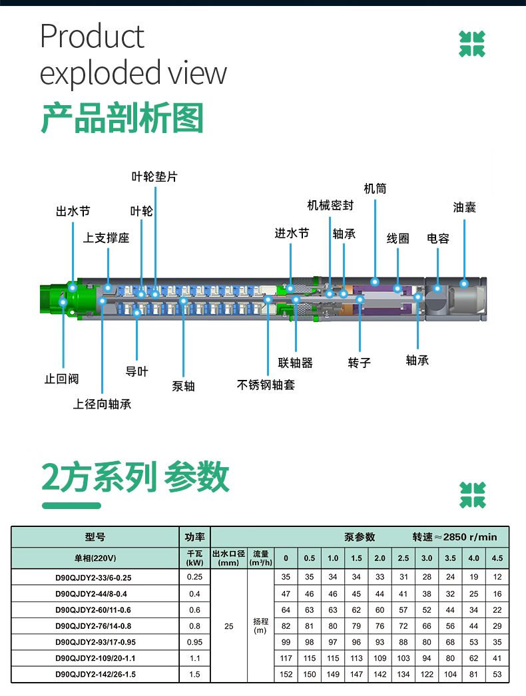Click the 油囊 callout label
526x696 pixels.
pyautogui.click(x=465, y=208)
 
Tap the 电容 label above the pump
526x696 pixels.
pyautogui.click(x=438, y=238)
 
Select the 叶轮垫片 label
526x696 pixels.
pyautogui.click(x=154, y=177)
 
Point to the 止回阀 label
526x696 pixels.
pyautogui.click(x=61, y=379)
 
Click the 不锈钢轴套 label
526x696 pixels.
pyautogui.click(x=266, y=385)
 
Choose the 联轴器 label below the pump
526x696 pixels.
pyautogui.click(x=295, y=363)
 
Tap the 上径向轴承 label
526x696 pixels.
pyautogui.click(x=102, y=404)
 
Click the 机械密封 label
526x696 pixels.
pyautogui.click(x=330, y=205)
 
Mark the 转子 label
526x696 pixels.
pyautogui.click(x=359, y=363)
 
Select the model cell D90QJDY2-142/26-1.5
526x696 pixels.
pyautogui.click(x=95, y=674)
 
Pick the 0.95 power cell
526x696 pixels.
pyautogui.click(x=194, y=642)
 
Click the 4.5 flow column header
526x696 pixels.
pyautogui.click(x=497, y=558)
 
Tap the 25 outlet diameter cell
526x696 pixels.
pyautogui.click(x=229, y=625)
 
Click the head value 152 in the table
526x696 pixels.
pyautogui.click(x=286, y=674)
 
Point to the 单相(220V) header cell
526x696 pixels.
pyautogui.click(x=95, y=558)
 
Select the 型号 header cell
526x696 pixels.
pyautogui.click(x=95, y=537)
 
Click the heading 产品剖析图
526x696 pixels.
pyautogui.click(x=122, y=118)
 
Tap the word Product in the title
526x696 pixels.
pyautogui.click(x=92, y=37)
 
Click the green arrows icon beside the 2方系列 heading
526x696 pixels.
pyautogui.click(x=472, y=495)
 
